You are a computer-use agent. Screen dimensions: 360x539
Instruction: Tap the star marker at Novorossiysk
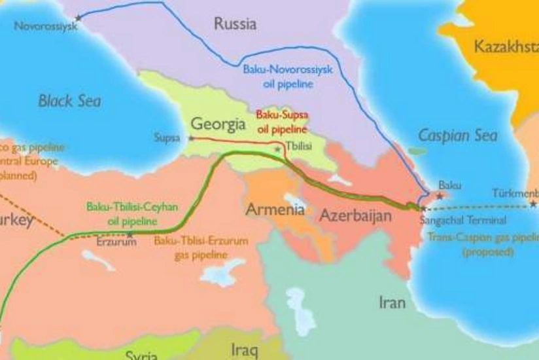(x=79, y=17)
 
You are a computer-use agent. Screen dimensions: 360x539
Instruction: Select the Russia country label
(x=235, y=25)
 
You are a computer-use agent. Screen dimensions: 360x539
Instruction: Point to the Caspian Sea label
(x=457, y=135)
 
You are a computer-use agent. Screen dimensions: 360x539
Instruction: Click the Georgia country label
(x=218, y=124)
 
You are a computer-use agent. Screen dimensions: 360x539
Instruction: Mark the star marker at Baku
(x=440, y=195)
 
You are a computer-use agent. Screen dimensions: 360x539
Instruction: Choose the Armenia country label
(x=275, y=210)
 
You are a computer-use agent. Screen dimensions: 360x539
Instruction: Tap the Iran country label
(x=392, y=302)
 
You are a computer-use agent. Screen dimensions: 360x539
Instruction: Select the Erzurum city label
(x=116, y=242)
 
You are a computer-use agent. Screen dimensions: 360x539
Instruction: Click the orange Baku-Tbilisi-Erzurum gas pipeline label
(x=201, y=247)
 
